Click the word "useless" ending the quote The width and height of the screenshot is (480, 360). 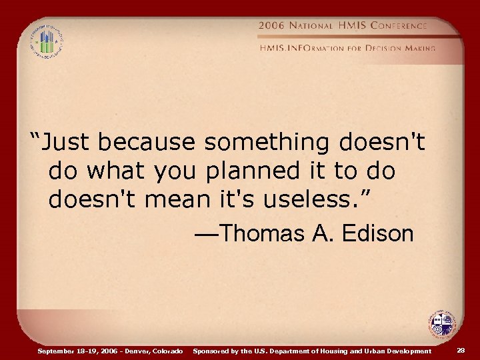tap(301, 199)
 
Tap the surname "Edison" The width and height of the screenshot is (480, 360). tap(377, 234)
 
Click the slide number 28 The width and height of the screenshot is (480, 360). tap(461, 350)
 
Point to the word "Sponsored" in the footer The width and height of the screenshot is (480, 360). tap(211, 351)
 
